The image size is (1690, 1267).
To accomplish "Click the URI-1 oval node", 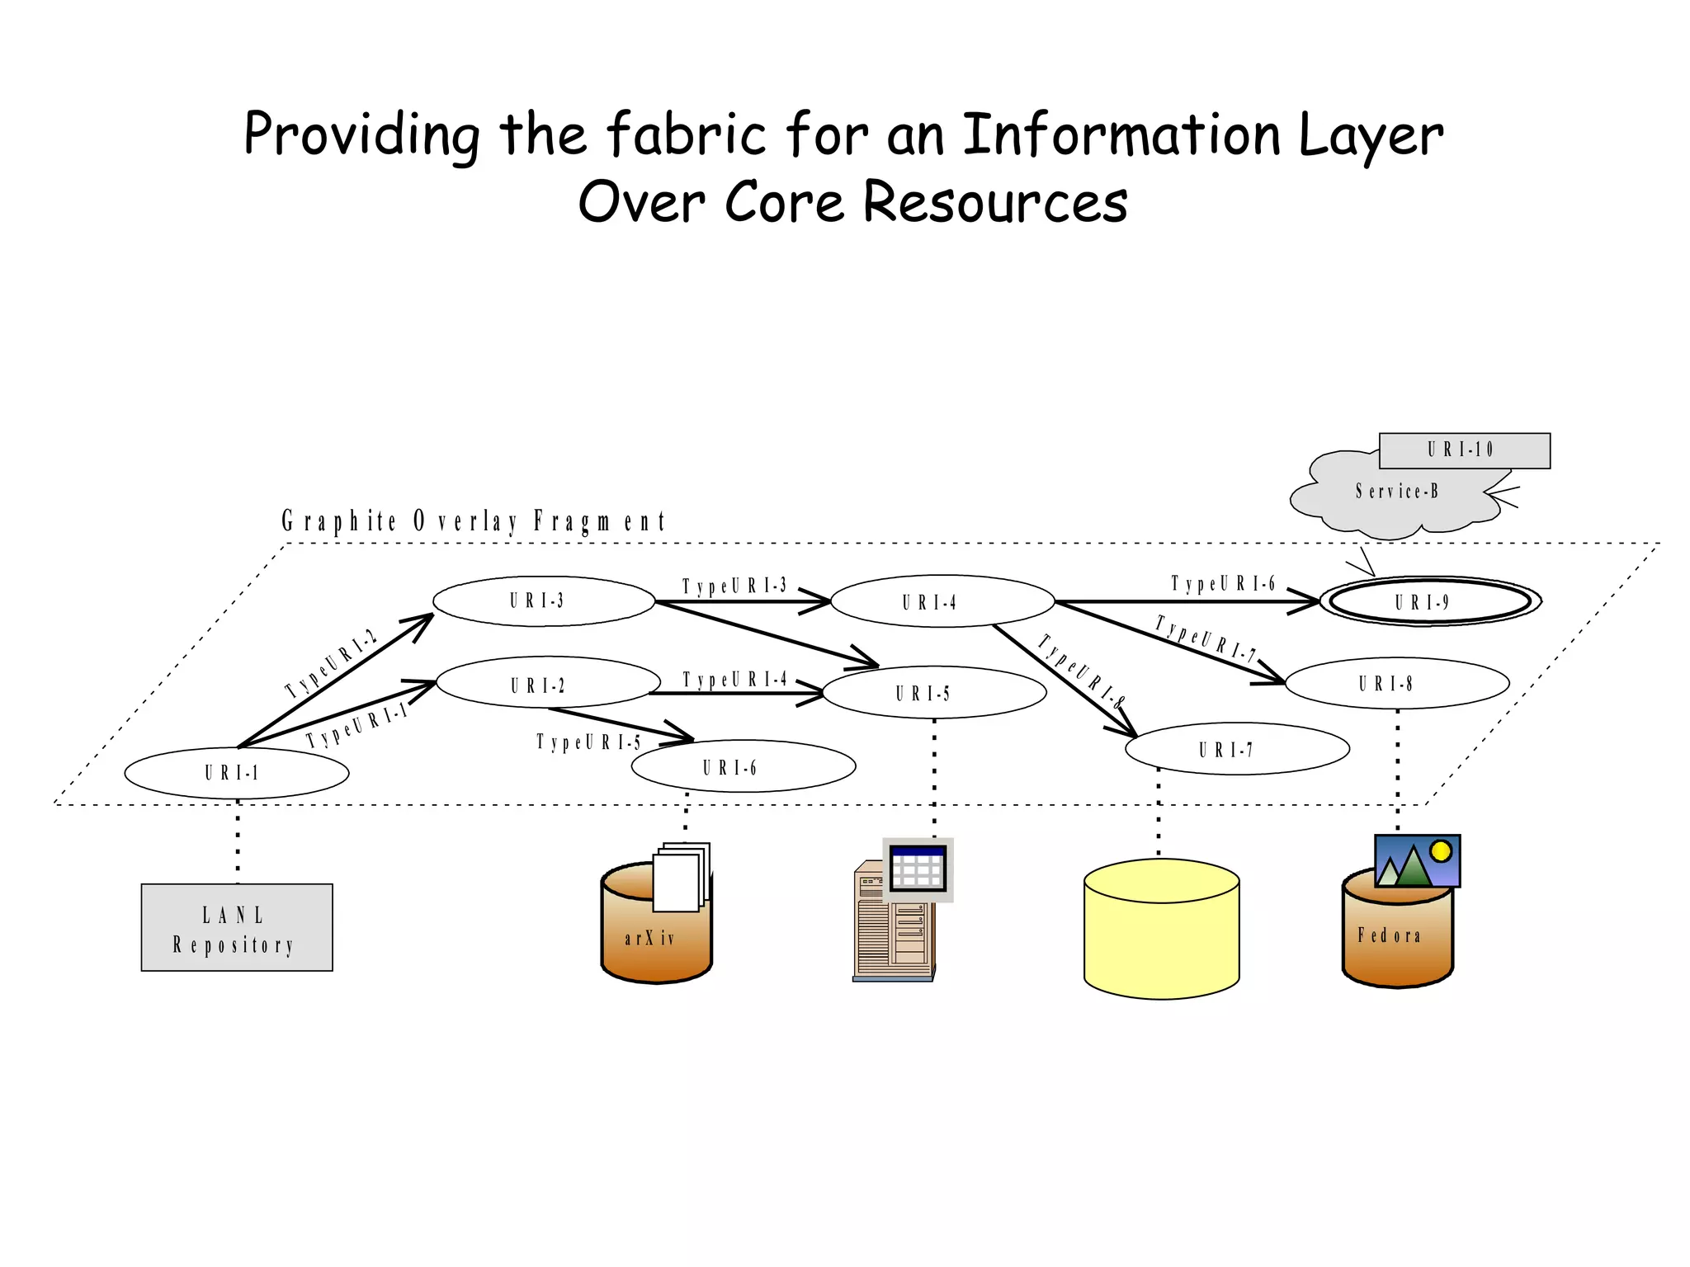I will [x=236, y=773].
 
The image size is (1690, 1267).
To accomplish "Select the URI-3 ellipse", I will [x=543, y=601].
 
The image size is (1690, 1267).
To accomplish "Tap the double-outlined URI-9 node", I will [x=1430, y=601].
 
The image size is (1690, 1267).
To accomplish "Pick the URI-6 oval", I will [x=743, y=766].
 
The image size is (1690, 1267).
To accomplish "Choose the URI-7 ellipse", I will [x=1236, y=749].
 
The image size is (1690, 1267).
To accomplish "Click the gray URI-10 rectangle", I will [x=1464, y=450].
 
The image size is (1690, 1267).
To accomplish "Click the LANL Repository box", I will [x=236, y=928].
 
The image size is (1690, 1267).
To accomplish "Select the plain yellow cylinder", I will [x=1161, y=930].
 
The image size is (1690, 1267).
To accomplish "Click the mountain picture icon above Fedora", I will [x=1417, y=861].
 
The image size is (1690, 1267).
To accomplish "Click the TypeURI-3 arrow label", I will [x=734, y=586].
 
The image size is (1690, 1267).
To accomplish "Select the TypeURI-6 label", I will [x=1223, y=584].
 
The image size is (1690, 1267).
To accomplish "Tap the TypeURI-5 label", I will [x=588, y=742].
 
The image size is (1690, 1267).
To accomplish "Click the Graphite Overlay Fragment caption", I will [x=473, y=521].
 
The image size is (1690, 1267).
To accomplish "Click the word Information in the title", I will [x=1121, y=134].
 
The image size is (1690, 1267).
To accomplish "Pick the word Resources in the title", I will [x=995, y=203].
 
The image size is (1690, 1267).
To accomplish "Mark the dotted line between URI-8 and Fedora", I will [x=1397, y=767].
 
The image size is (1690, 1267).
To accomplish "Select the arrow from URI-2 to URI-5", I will [x=734, y=693].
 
